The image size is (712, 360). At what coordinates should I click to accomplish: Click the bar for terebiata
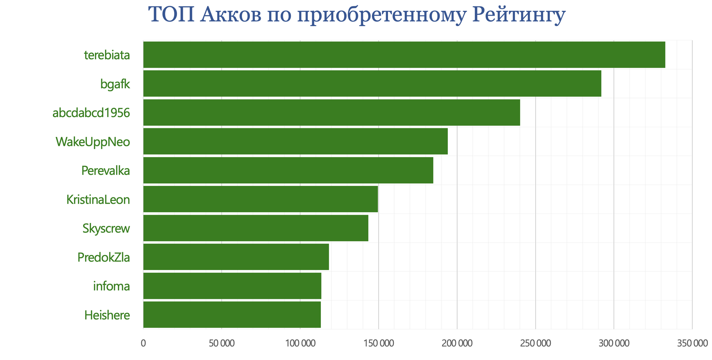[x=404, y=55]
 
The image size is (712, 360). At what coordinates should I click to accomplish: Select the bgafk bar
[x=372, y=84]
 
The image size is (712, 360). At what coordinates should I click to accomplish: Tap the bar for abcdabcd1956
[x=331, y=113]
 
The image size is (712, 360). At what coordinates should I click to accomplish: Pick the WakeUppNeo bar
[x=295, y=141]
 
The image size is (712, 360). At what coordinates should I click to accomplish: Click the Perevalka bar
[x=288, y=170]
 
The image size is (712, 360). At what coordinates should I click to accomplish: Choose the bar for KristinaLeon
[x=260, y=199]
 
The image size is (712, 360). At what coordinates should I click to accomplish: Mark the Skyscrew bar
[x=256, y=228]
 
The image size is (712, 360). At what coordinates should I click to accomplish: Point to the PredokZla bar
[x=236, y=257]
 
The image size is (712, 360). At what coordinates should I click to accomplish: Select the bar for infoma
[x=232, y=286]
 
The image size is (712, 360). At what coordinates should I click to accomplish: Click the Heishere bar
[x=232, y=314]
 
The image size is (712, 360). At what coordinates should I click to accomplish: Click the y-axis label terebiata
[x=107, y=55]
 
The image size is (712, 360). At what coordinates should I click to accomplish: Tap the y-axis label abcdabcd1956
[x=91, y=113]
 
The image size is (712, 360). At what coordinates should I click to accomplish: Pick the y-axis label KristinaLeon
[x=98, y=200]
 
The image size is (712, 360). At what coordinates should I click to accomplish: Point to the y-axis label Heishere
[x=107, y=315]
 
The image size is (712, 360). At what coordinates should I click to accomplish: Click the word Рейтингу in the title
[x=518, y=15]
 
